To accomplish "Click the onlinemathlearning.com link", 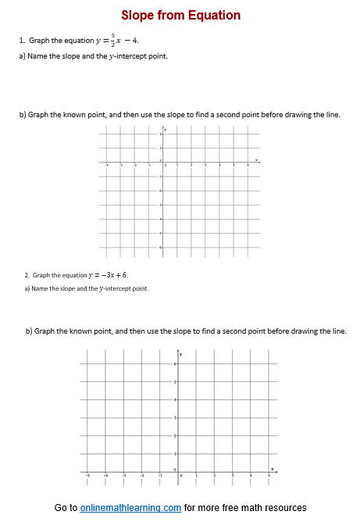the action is [x=130, y=508].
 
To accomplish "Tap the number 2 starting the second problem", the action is [x=26, y=275].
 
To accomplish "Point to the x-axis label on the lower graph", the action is [x=272, y=469].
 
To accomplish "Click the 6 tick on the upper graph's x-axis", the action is [x=248, y=165].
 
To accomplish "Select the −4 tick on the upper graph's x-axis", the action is [x=108, y=165].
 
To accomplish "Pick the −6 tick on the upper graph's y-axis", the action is [x=160, y=248].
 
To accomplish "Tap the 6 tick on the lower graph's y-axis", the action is [x=176, y=364].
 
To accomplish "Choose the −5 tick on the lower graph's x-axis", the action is [x=87, y=474].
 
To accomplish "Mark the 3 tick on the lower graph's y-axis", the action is [x=176, y=418].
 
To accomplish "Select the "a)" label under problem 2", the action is [x=27, y=288].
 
